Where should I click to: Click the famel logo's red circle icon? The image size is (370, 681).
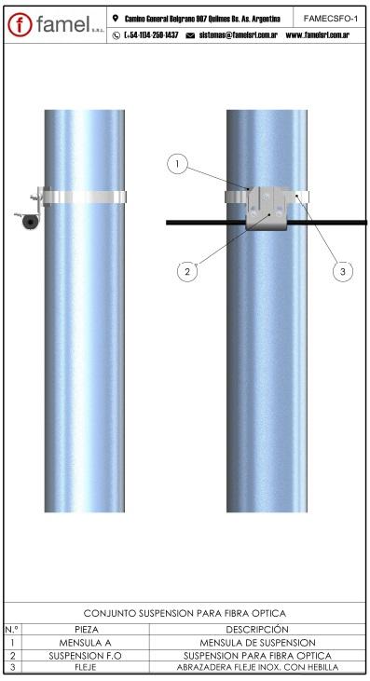[20, 25]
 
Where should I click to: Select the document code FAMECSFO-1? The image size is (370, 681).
[331, 19]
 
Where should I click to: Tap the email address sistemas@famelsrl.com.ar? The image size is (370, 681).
[238, 35]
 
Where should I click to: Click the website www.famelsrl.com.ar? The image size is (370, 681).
[318, 35]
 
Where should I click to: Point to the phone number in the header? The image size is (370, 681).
[151, 35]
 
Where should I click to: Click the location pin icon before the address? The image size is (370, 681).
[115, 19]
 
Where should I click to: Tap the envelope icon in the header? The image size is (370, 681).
[190, 35]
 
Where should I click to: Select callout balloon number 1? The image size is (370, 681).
[177, 164]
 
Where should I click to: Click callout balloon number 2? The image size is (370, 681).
[187, 271]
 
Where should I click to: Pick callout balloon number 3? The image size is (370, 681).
[343, 271]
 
